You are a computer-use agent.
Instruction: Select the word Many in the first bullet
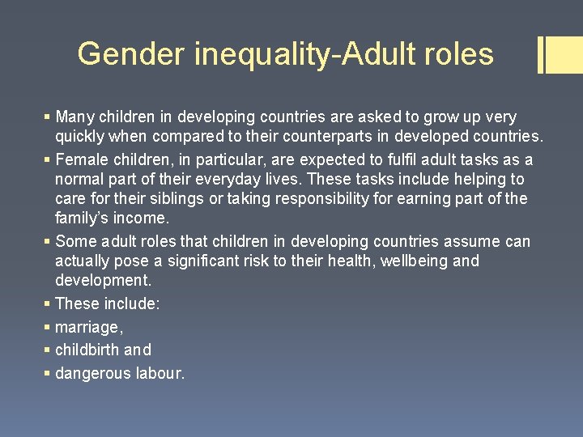pos(75,117)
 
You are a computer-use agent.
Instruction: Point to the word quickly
pos(82,137)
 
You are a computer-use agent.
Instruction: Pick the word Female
pos(83,159)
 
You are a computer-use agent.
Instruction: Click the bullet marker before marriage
pos(47,327)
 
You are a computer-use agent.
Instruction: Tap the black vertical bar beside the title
pos(540,54)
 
